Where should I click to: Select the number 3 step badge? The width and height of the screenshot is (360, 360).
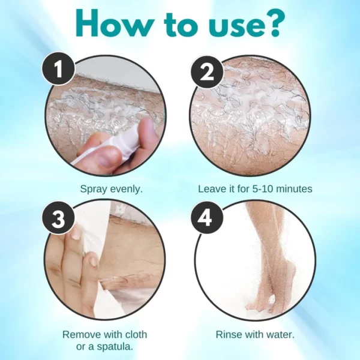(58, 219)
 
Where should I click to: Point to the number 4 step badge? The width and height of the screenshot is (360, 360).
(206, 219)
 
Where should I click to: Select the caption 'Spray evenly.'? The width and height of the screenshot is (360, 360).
(112, 189)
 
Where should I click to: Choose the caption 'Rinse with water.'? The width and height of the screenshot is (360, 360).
(255, 334)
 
